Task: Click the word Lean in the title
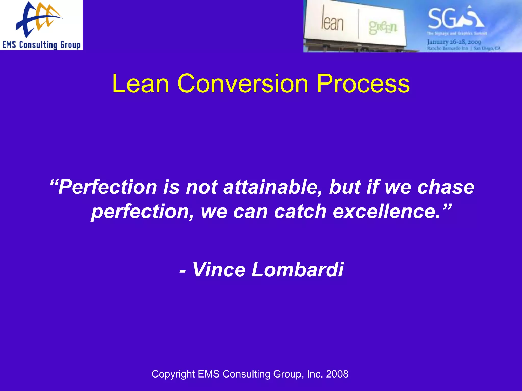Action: (140, 83)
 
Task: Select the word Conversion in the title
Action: (243, 83)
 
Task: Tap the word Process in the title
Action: (363, 83)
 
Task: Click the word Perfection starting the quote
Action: (107, 187)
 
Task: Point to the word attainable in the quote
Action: (273, 187)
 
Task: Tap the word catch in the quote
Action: (300, 212)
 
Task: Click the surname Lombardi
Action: (297, 270)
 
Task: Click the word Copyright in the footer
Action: (173, 374)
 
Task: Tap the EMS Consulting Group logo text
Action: (41, 45)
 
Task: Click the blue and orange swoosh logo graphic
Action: (38, 19)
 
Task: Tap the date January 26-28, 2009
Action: (454, 42)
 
